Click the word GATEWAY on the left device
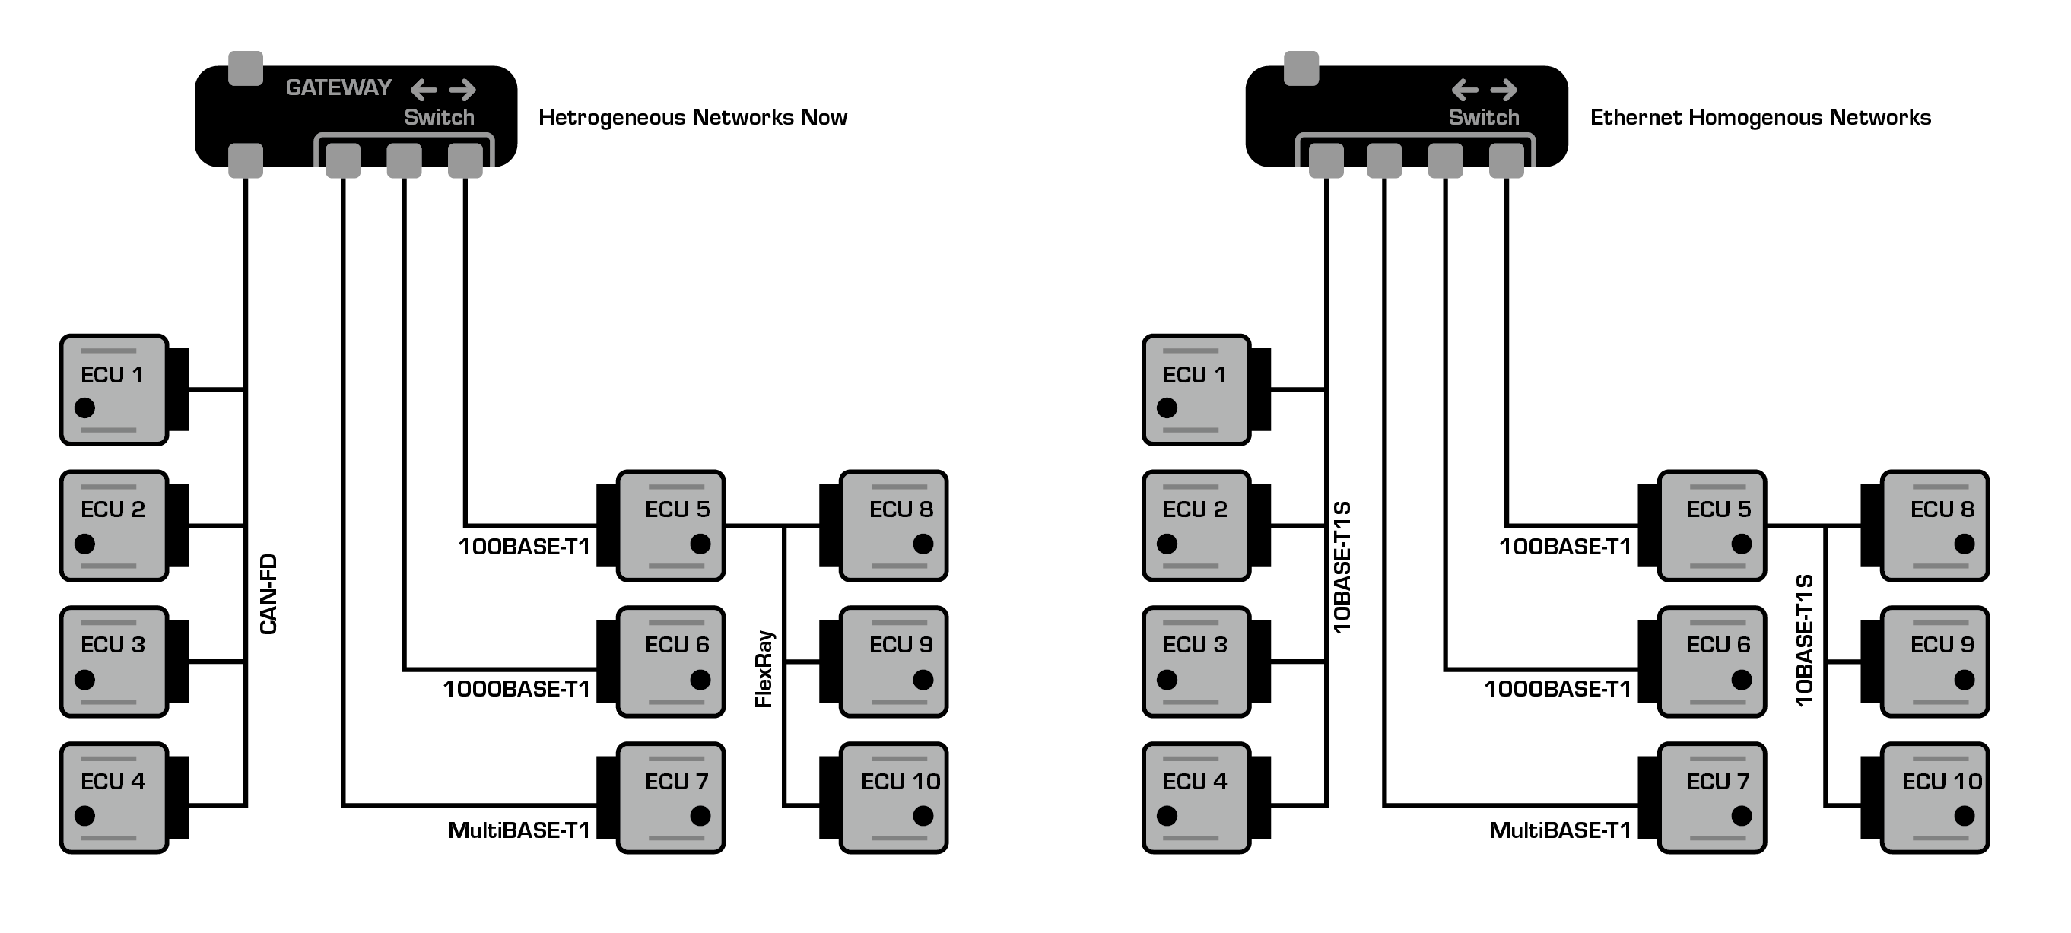pyautogui.click(x=338, y=87)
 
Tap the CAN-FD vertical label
pyautogui.click(x=268, y=594)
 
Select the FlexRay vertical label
pyautogui.click(x=764, y=668)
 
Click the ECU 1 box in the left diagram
pyautogui.click(x=114, y=390)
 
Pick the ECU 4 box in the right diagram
pyautogui.click(x=1196, y=797)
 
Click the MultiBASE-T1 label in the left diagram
pyautogui.click(x=519, y=830)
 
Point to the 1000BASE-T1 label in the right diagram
pyautogui.click(x=1558, y=689)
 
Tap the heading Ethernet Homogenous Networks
pyautogui.click(x=1760, y=117)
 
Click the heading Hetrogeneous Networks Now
pyautogui.click(x=692, y=117)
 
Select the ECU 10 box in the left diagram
pyautogui.click(x=894, y=797)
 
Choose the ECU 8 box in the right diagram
pyautogui.click(x=1935, y=525)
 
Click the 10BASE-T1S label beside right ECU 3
pyautogui.click(x=1342, y=567)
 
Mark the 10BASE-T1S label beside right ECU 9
pyautogui.click(x=1805, y=639)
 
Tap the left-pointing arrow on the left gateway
pyautogui.click(x=424, y=89)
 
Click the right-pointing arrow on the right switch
pyautogui.click(x=1504, y=89)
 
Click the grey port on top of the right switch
pyautogui.click(x=1301, y=68)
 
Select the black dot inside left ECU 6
pyautogui.click(x=700, y=680)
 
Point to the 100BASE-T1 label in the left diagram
pyautogui.click(x=524, y=547)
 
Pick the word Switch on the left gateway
pyautogui.click(x=439, y=117)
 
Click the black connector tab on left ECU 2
pyautogui.click(x=178, y=525)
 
